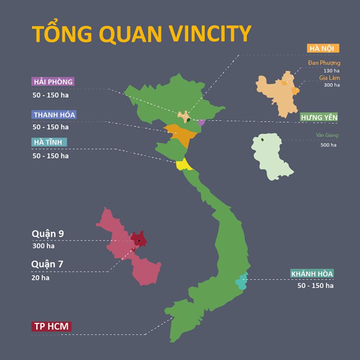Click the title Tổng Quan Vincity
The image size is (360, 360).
pos(141,34)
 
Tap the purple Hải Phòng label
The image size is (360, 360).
pos(53,81)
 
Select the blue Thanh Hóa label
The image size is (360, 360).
pos(54,115)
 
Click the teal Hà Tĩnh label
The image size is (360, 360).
pos(49,142)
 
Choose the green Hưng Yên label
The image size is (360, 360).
pos(319,117)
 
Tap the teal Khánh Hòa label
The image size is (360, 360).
pos(312,274)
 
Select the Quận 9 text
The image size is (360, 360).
pos(47,234)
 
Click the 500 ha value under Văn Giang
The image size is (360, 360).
pos(328,145)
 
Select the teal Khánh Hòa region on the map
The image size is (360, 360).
pos(242,282)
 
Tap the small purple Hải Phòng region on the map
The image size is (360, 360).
pos(201,122)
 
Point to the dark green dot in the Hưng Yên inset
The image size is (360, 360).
pos(262,139)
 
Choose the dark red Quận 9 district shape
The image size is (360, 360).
pos(138,239)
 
